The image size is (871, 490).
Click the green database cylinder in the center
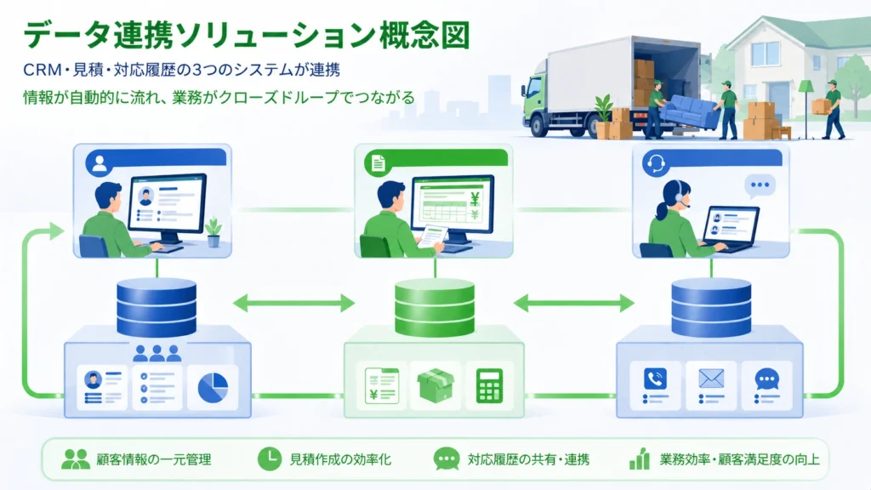[x=435, y=308]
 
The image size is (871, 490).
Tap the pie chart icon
[x=212, y=388]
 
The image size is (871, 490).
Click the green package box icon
[x=435, y=386]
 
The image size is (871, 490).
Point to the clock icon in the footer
[x=269, y=459]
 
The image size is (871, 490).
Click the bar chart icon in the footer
[x=640, y=459]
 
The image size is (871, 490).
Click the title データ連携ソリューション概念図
[x=246, y=36]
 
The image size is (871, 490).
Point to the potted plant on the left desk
[x=213, y=231]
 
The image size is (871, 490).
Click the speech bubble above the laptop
[x=759, y=185]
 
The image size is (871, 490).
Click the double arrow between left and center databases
[x=293, y=303]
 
